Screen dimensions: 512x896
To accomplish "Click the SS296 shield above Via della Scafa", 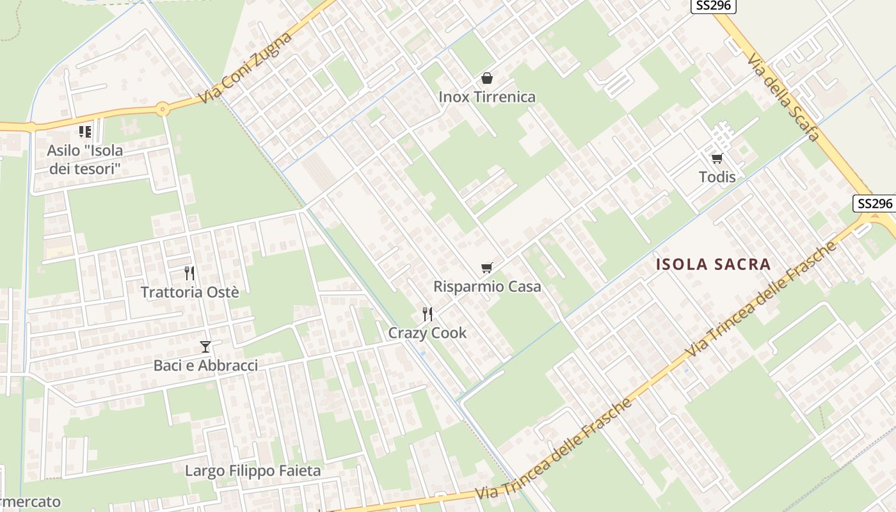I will (x=714, y=6).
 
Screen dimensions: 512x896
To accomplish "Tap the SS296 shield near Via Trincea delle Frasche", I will (x=874, y=204).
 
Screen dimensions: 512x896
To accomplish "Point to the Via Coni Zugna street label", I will (x=245, y=67).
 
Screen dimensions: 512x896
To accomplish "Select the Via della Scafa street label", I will (x=783, y=97).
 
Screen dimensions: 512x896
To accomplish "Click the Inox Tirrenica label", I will (x=487, y=97).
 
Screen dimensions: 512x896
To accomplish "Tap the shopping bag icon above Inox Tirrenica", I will (x=487, y=79).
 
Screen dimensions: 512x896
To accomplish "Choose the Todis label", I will (x=717, y=177).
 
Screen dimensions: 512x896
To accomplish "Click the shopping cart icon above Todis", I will (x=717, y=158).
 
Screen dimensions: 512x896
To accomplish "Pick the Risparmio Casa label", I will (x=487, y=286).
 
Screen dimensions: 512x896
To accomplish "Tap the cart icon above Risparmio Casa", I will (x=487, y=268).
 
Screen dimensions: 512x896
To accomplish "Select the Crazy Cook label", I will (x=428, y=333).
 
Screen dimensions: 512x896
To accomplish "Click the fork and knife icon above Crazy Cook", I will (x=428, y=314).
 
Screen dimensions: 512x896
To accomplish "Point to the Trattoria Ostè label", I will (x=189, y=292).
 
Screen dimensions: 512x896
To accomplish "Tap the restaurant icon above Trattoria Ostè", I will (x=189, y=273).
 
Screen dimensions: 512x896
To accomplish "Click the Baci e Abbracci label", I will (x=205, y=365).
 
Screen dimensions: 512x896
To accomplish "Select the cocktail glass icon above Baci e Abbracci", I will (x=205, y=347).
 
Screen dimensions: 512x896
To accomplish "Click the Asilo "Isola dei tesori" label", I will (x=84, y=160).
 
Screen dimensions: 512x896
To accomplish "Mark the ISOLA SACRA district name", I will (x=713, y=264).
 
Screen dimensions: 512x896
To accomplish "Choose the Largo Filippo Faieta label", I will (x=253, y=471).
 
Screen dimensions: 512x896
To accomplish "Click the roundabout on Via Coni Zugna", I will (x=163, y=109).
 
